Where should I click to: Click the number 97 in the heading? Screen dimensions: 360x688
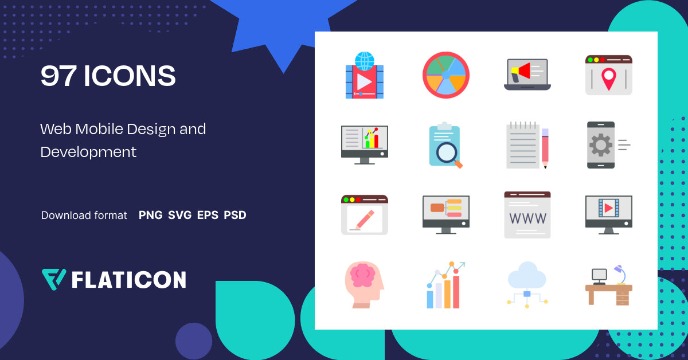coord(58,76)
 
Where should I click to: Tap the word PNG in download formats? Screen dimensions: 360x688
coord(150,216)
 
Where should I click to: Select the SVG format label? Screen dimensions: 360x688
coord(179,216)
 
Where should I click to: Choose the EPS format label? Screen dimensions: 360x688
coord(208,216)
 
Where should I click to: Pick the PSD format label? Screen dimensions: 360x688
coord(235,216)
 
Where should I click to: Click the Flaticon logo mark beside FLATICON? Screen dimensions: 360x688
coord(54,279)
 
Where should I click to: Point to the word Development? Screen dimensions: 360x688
coord(88,152)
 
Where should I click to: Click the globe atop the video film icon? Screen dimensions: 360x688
coord(365,60)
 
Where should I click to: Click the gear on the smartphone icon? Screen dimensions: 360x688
coord(600,145)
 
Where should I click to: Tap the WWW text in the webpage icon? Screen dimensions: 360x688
coord(527,218)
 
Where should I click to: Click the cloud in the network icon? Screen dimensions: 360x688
coord(527,276)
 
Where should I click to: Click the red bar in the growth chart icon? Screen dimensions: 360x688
coord(456,292)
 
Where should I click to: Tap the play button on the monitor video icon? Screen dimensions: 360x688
coord(608,209)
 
